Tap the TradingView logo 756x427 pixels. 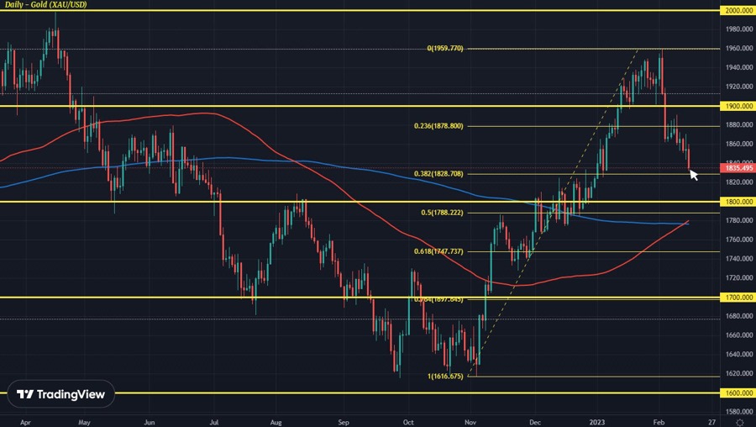[61, 394]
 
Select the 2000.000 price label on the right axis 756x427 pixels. [737, 10]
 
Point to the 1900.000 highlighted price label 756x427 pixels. [737, 106]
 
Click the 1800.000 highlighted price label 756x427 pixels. [737, 202]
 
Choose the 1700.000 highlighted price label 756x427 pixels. [737, 298]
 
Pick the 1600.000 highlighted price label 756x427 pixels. [737, 393]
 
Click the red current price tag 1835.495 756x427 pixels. [737, 168]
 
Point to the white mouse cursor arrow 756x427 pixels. [694, 175]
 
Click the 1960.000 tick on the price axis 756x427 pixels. [734, 48]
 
